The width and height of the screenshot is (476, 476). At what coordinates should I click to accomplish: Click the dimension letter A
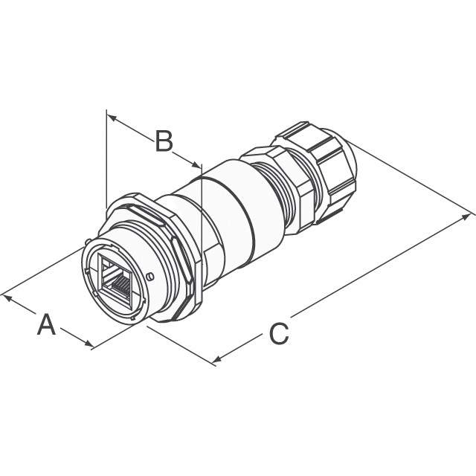47,325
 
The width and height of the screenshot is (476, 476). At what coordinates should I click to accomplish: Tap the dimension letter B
164,141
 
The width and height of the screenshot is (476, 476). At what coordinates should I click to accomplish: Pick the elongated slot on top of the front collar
149,216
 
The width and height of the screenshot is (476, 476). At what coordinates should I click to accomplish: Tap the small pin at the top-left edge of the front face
89,241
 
